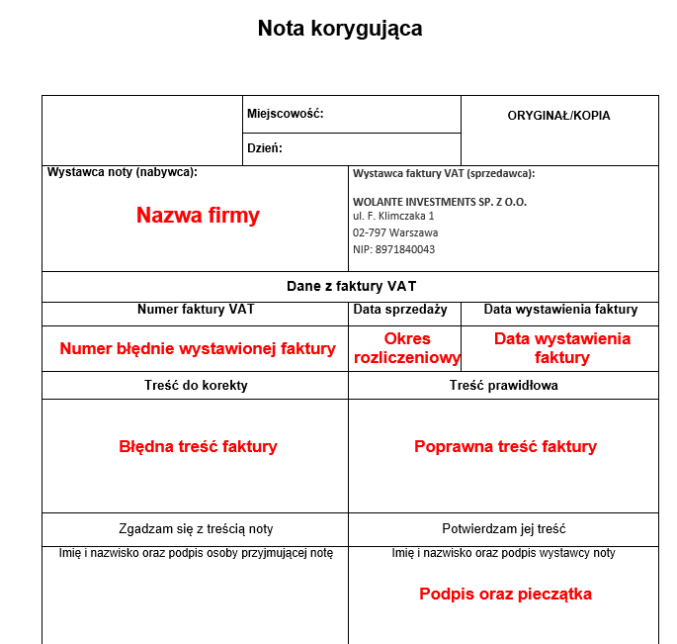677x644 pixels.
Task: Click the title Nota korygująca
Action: click(340, 29)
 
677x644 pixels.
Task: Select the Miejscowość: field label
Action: click(286, 114)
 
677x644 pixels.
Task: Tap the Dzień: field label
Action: click(265, 148)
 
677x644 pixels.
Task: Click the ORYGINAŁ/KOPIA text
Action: click(558, 116)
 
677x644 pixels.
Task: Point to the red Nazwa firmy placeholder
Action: click(198, 216)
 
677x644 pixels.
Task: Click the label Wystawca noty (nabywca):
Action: click(123, 172)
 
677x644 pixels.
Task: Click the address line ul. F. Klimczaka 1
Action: click(393, 216)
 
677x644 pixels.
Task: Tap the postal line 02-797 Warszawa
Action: click(395, 232)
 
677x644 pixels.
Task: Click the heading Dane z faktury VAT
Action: click(351, 287)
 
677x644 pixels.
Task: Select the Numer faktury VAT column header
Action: click(196, 310)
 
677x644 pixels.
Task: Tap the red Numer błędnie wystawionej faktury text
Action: click(198, 348)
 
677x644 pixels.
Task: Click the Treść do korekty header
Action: click(196, 385)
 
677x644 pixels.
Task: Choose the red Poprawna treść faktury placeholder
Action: click(505, 446)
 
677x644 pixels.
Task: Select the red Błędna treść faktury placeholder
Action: click(198, 446)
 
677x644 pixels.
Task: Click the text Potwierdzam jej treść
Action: click(504, 529)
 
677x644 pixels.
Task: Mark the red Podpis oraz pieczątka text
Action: click(505, 595)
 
